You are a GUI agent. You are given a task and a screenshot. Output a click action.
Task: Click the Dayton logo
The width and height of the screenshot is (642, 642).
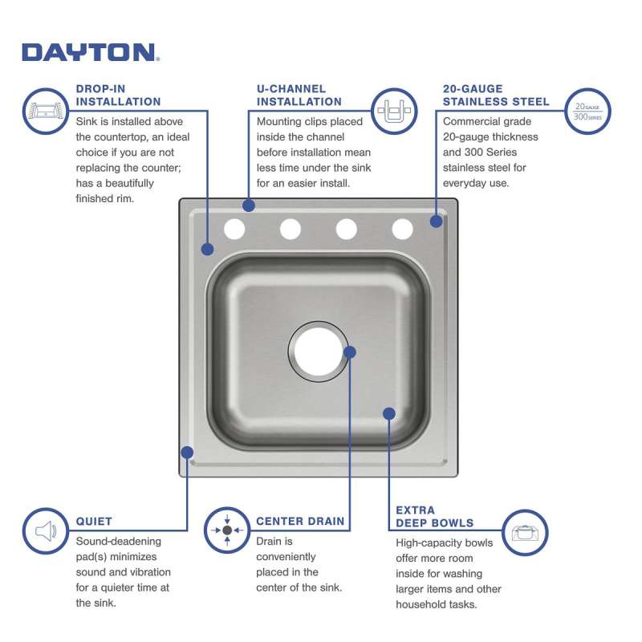coord(91,52)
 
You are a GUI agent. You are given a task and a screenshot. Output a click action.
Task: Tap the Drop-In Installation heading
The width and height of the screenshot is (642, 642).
coord(118,95)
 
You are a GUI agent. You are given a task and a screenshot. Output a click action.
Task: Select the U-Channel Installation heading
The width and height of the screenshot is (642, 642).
coord(299,95)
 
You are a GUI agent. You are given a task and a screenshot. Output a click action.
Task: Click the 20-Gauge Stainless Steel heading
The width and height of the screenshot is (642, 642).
coord(496,95)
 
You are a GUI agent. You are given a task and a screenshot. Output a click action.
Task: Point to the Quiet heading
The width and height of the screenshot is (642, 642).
coord(94,521)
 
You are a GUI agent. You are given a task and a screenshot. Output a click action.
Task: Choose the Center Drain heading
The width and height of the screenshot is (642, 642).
coord(300,521)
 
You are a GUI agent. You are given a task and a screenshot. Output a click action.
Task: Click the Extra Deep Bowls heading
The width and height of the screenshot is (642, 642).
coord(434,516)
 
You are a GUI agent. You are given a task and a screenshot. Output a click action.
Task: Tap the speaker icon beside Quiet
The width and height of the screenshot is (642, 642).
coord(46,531)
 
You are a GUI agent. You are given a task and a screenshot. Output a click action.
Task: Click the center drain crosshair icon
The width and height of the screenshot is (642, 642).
coord(227,530)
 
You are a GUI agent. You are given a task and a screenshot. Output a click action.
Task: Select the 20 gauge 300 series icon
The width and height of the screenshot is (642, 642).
coord(587,112)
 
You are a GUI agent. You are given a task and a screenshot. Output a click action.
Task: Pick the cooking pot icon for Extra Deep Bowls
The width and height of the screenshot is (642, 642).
coord(525,533)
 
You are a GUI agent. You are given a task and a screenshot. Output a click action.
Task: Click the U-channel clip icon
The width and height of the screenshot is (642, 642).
coord(394,111)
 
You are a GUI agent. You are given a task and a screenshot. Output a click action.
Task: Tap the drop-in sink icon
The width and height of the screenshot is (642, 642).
coord(46,111)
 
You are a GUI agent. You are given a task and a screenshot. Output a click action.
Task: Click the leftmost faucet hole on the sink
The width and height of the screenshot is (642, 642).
coord(234,229)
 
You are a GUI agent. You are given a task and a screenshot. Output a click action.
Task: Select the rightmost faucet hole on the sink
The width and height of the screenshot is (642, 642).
coord(403,229)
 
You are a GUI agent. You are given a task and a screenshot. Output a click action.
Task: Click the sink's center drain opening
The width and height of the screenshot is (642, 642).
coord(318,351)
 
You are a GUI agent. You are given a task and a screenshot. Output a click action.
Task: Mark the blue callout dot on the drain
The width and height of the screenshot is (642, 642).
coord(349,352)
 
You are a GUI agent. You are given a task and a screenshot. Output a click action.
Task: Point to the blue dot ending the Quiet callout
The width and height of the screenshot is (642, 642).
coord(187,453)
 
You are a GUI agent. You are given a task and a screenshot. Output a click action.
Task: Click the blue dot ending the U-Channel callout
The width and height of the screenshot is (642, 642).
coord(249,205)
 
